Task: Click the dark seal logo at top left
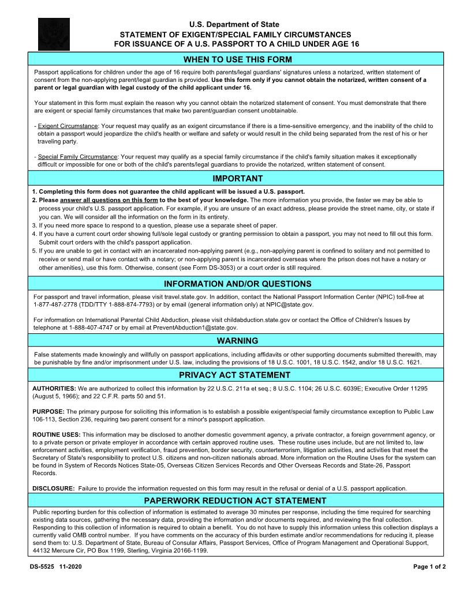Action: [54, 34]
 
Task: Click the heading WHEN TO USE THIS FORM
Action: [237, 59]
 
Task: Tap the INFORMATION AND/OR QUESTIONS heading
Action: [237, 284]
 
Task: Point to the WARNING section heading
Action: [237, 341]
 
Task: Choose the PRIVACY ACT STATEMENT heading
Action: [237, 375]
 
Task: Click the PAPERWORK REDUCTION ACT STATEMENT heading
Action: [235, 500]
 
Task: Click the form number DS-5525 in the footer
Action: [42, 567]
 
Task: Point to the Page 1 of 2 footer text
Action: [429, 567]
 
